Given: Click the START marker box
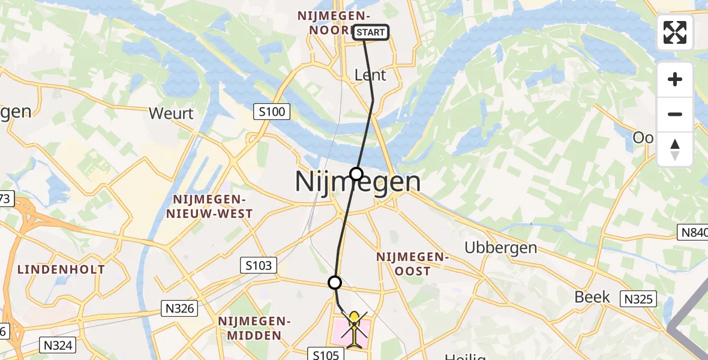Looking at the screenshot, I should click(x=371, y=32).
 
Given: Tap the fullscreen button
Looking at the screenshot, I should click(x=675, y=32).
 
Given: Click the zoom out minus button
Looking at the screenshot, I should click(x=675, y=114).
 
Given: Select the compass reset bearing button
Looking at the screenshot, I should click(x=675, y=149).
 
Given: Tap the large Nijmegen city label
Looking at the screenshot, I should click(x=358, y=182).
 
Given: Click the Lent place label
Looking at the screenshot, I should click(x=370, y=75).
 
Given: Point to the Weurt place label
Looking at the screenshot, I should click(x=171, y=113).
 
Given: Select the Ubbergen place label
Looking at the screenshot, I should click(x=501, y=248).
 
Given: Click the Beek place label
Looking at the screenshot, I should click(x=592, y=297).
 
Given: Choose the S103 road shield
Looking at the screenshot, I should click(x=259, y=265).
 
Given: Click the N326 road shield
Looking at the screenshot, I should click(x=179, y=308).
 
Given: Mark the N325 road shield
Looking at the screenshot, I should click(x=638, y=299).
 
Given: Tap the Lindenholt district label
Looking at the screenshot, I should click(x=61, y=269).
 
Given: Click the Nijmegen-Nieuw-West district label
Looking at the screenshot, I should click(x=212, y=206).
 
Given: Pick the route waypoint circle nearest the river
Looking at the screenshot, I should click(x=356, y=174).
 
